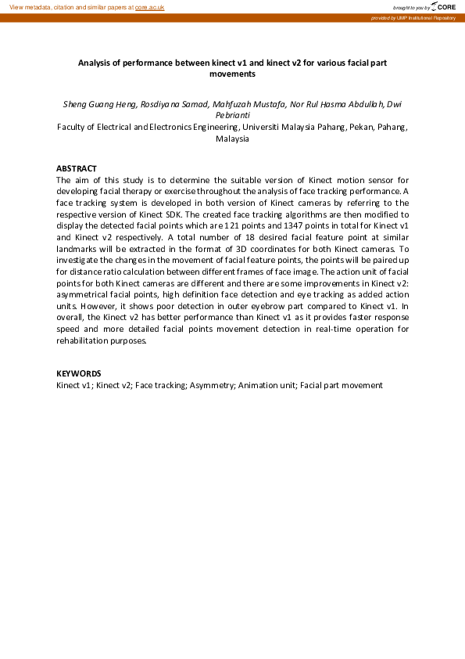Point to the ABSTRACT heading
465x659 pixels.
point(77,168)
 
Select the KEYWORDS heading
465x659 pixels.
point(79,373)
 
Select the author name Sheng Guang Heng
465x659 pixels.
point(95,103)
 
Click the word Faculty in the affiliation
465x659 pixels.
point(73,126)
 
